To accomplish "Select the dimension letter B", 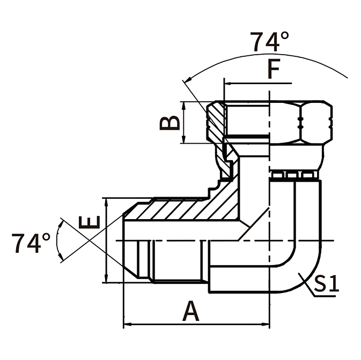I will (x=170, y=123).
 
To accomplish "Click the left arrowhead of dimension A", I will (x=128, y=325).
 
